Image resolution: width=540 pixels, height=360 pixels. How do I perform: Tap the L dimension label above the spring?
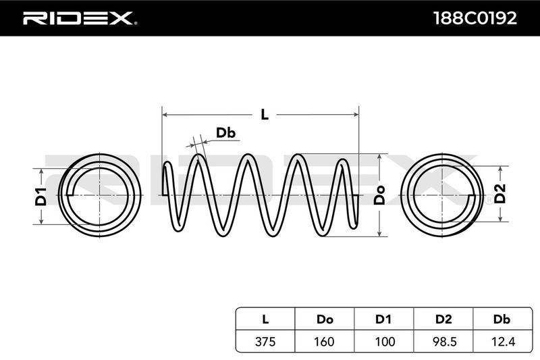point(265,114)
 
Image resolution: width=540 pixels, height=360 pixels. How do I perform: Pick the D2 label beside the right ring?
point(500,194)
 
